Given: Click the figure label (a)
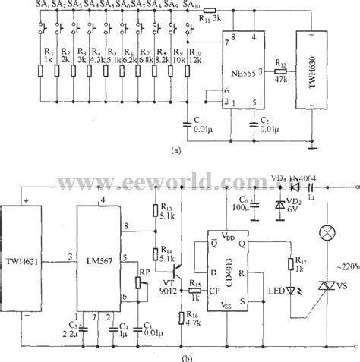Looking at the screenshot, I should [176, 150].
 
